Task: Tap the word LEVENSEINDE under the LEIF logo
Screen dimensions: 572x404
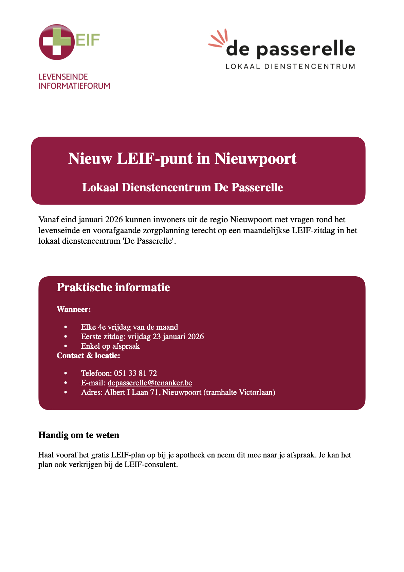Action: [x=63, y=77]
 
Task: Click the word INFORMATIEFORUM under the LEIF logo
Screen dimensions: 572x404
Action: [x=74, y=86]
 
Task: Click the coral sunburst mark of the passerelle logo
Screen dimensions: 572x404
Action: [x=218, y=38]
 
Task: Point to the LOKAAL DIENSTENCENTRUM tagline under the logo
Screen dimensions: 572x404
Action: [x=290, y=66]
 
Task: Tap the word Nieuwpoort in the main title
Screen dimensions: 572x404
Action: [x=255, y=158]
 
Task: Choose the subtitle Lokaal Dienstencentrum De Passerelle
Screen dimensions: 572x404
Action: [x=182, y=187]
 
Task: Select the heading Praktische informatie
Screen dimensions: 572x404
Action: [x=113, y=287]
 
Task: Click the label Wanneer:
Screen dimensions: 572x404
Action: [x=74, y=309]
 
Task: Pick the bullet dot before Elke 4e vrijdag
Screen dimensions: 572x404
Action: [x=66, y=327]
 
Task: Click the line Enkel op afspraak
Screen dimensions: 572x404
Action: [x=110, y=346]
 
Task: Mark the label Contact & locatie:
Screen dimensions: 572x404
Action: [x=88, y=356]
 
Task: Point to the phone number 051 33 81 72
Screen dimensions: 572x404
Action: [x=135, y=373]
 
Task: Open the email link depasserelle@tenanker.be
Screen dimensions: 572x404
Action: [x=150, y=383]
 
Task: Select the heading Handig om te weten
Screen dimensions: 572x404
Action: [x=79, y=435]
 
